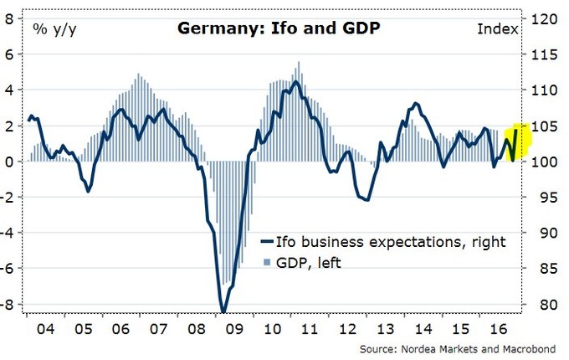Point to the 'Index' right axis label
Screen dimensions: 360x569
point(498,29)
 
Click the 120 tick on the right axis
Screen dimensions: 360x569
point(541,18)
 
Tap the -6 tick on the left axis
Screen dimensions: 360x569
point(8,269)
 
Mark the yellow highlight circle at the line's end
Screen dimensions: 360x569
point(515,141)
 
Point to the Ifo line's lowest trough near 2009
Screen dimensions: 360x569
point(223,311)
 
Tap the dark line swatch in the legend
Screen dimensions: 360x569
point(267,242)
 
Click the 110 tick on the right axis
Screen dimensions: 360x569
point(541,90)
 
